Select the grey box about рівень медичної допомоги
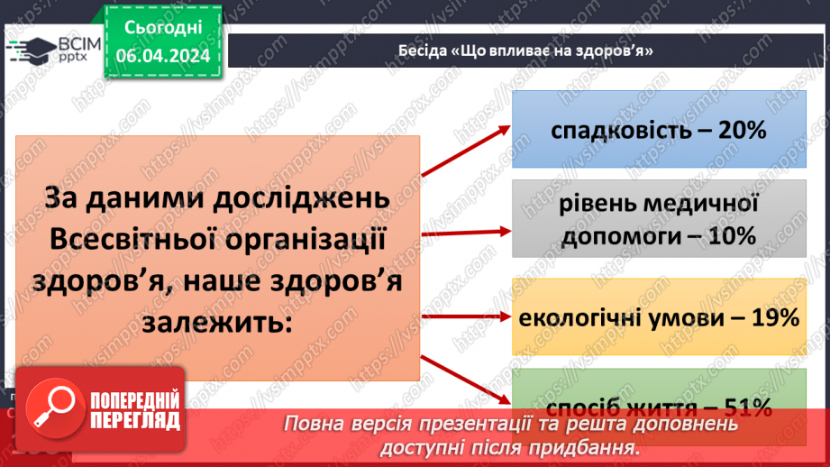click(x=658, y=219)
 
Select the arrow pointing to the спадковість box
click(x=465, y=151)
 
